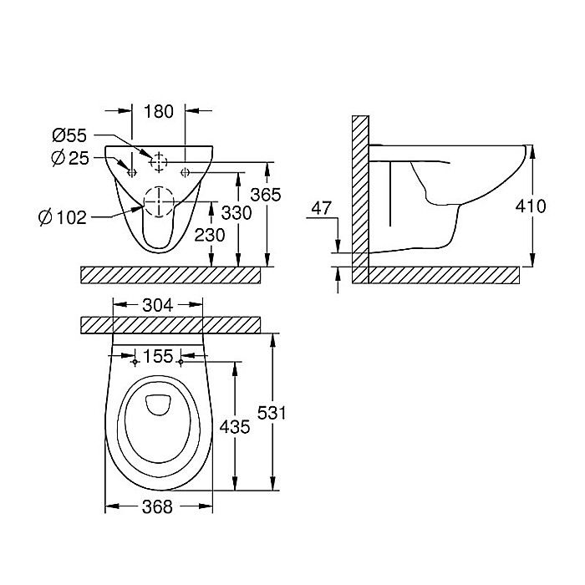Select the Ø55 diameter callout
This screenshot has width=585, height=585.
click(x=70, y=135)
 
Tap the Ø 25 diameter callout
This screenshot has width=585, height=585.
click(x=69, y=158)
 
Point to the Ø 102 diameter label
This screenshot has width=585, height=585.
click(x=64, y=218)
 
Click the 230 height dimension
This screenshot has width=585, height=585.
click(x=209, y=236)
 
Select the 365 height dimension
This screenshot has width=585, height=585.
click(x=266, y=194)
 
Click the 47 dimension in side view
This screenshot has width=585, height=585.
click(x=322, y=207)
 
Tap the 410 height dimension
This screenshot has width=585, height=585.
click(x=531, y=206)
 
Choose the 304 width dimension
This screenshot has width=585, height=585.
click(x=158, y=306)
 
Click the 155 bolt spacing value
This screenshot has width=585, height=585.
click(x=158, y=357)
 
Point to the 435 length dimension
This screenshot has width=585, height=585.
click(x=234, y=427)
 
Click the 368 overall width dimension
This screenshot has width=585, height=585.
click(x=157, y=506)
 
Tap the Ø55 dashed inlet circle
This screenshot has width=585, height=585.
click(x=159, y=160)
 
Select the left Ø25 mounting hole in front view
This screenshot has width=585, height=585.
click(x=131, y=172)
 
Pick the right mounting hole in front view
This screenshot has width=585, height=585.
click(x=185, y=172)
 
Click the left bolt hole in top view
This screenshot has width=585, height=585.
click(x=136, y=362)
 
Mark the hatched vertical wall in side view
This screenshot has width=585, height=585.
click(x=360, y=192)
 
